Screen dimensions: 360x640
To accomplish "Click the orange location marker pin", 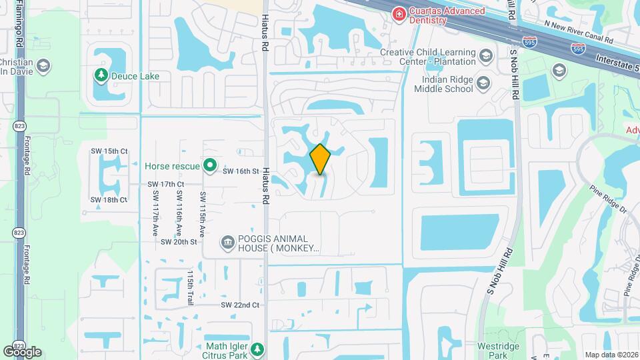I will point(321,159).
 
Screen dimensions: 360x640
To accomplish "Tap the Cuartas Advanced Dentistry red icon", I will point(399,13).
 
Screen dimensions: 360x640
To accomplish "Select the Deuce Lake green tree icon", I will point(101,75).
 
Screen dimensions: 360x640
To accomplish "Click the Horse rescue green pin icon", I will point(210,164).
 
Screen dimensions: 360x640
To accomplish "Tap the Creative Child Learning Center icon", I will point(485,56).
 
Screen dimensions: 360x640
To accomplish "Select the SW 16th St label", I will point(240,171).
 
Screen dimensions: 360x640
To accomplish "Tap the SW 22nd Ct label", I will point(240,305).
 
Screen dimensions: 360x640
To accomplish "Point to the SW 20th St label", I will point(179,241).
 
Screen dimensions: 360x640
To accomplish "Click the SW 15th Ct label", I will point(109,151).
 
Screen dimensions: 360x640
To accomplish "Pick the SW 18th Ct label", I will point(109,199).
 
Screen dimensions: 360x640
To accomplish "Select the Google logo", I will point(23,351).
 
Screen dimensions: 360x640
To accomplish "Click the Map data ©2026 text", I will point(611,355).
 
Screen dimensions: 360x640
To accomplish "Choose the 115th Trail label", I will point(190,288).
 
